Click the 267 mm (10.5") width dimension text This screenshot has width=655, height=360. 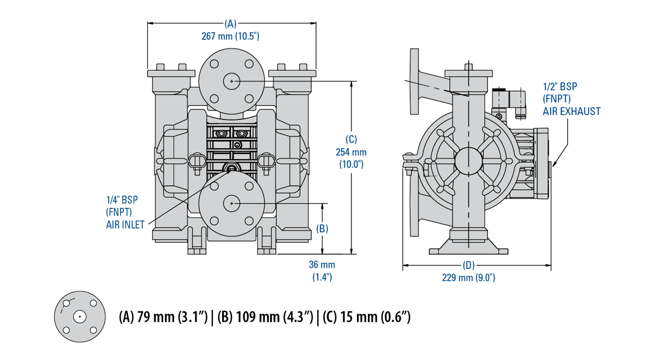[230, 36]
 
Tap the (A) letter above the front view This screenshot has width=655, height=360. [230, 23]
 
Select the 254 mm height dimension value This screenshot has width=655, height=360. [352, 152]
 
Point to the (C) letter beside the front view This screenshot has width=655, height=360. [352, 139]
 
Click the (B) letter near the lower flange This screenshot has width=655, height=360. [322, 229]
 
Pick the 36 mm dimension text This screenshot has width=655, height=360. [322, 265]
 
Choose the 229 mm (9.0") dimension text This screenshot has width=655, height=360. [468, 278]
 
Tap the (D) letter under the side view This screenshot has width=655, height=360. [468, 266]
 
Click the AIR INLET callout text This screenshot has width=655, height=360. [126, 224]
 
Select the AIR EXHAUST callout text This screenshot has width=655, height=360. [571, 111]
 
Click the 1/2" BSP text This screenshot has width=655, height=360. [559, 87]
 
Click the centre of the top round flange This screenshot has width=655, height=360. [231, 81]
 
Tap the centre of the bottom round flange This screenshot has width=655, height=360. [231, 203]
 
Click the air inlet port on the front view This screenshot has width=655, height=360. [231, 170]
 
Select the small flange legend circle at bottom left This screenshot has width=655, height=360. [80, 317]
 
